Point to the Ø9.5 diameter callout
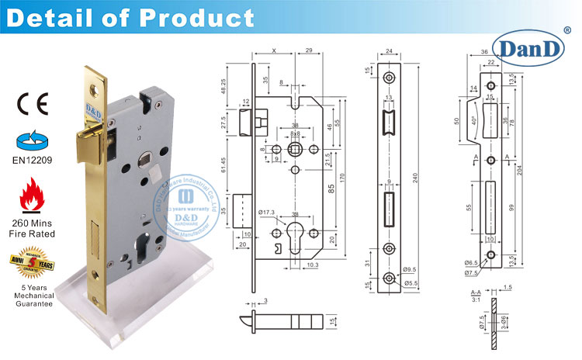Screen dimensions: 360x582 (x=408, y=269)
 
